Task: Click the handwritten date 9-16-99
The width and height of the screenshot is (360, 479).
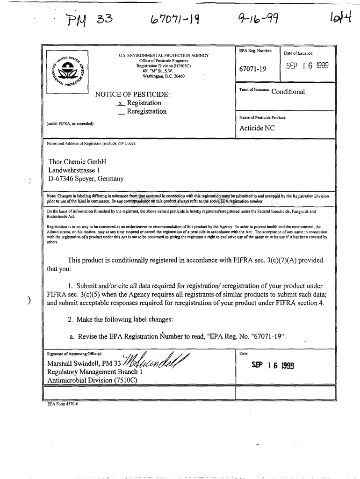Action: click(254, 19)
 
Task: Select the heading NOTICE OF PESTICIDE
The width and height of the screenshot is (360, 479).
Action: click(132, 94)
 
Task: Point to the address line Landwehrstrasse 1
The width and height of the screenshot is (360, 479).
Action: click(74, 170)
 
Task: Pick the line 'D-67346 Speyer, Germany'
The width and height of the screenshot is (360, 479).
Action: click(86, 179)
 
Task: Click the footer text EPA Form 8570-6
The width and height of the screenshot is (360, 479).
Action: click(63, 404)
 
